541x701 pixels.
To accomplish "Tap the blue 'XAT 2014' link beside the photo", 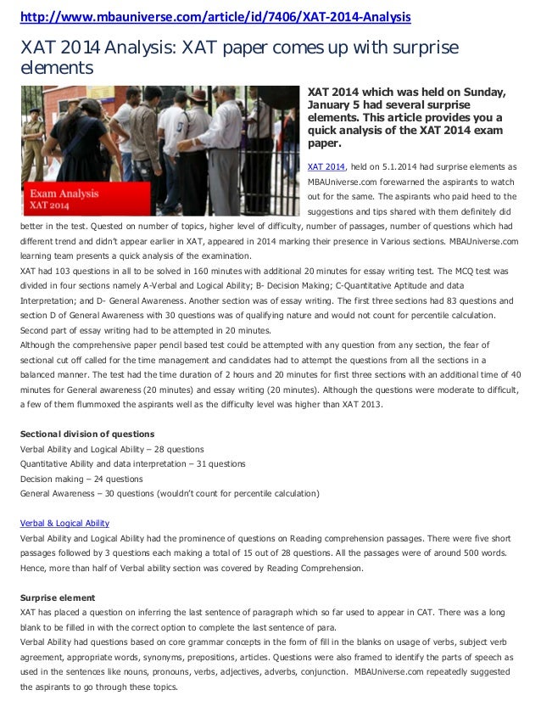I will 326,167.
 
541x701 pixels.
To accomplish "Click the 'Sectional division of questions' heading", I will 87,434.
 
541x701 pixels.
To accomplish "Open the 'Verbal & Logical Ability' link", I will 64,523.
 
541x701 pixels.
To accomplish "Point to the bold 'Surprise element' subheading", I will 58,597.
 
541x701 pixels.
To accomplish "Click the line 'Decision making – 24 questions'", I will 81,479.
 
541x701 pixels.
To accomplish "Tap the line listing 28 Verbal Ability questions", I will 111,449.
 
